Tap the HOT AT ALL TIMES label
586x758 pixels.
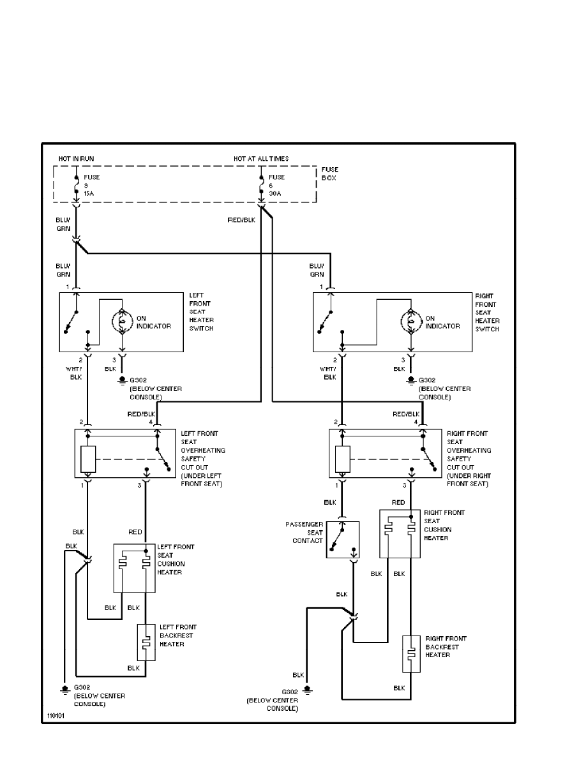261,158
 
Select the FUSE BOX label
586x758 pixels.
330,174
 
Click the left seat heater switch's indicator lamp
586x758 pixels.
123,322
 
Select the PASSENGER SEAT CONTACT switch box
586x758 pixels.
343,539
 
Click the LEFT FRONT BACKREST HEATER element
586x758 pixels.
146,642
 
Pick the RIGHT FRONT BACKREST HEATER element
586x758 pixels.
411,653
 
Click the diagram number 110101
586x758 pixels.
56,716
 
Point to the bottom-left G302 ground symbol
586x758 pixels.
64,688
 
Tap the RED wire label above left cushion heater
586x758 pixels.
135,531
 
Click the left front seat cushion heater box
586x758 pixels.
135,568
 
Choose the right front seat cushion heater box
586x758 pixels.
400,533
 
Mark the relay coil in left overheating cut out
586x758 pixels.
88,459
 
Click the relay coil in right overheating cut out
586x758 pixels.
342,459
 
